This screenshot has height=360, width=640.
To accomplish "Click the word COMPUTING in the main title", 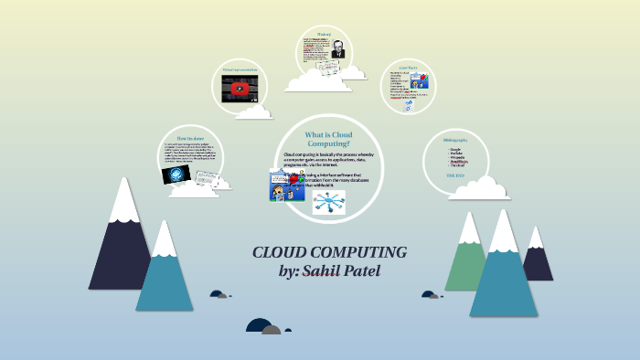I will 357,252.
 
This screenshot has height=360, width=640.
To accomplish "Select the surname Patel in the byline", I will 379,271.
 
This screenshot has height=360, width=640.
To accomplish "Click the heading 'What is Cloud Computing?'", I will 328,139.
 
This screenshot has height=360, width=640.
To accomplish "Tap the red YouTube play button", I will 240,89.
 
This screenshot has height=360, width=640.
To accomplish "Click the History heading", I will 325,35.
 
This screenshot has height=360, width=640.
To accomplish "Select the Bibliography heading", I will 454,140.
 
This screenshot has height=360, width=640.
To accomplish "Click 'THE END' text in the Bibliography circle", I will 454,175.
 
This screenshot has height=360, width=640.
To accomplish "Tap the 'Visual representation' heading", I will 240,69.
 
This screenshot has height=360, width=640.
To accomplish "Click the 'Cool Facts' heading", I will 408,68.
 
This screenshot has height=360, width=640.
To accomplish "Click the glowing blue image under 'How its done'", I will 176,174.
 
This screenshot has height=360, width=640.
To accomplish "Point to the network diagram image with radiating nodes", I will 328,203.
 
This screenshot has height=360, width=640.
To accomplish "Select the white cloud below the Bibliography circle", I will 480,188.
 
